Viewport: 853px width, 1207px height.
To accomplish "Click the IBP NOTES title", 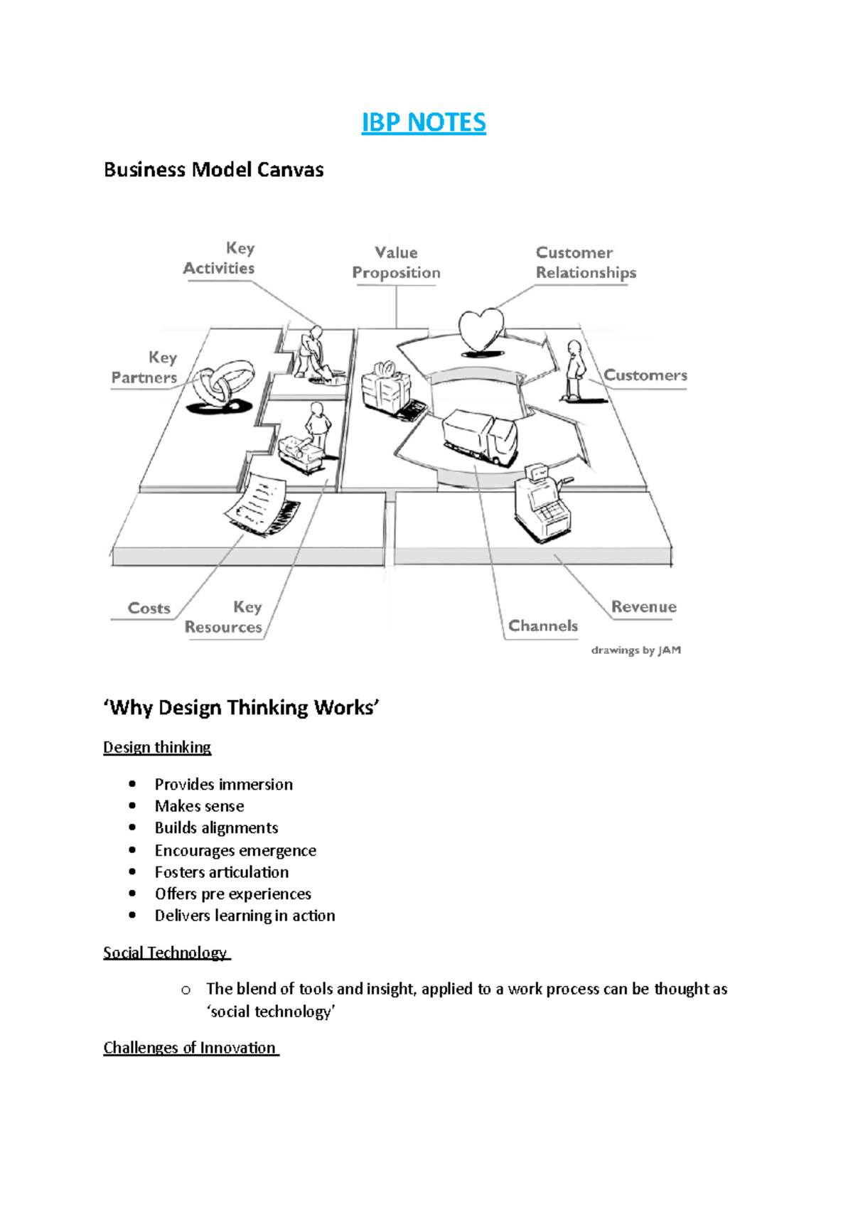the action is click(424, 122).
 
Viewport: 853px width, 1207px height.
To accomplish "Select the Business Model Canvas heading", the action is click(213, 170).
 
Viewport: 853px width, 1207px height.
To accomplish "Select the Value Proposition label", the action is click(396, 262).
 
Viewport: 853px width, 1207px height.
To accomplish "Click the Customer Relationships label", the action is click(586, 262).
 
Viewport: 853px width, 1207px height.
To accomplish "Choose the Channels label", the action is click(543, 626).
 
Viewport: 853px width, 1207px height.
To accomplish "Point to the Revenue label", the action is click(643, 606).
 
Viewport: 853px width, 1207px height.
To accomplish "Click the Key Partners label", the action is click(144, 368).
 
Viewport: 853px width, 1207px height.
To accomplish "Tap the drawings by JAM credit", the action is click(635, 650).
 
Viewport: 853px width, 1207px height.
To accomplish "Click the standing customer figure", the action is click(574, 370).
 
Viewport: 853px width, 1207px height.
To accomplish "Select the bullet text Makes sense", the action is click(199, 806).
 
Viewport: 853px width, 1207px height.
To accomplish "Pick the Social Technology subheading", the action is click(165, 953).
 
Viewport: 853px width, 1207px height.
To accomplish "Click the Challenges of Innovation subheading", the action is click(190, 1048).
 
